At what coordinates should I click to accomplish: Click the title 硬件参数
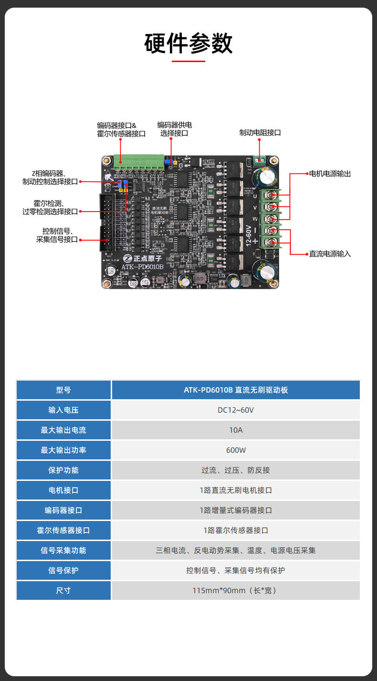(x=188, y=43)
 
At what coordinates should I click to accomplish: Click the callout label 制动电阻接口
(x=260, y=133)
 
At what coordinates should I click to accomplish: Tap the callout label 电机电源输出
(x=330, y=174)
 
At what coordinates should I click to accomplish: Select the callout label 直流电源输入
(x=330, y=254)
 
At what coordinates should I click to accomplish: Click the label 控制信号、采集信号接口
(x=57, y=235)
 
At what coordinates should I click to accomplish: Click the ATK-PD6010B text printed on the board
(x=142, y=267)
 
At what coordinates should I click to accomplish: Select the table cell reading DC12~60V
(x=236, y=410)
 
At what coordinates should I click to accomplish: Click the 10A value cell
(x=236, y=430)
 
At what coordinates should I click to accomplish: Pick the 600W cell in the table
(x=236, y=450)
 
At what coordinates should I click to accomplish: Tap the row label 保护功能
(x=63, y=470)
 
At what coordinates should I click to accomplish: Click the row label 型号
(x=63, y=390)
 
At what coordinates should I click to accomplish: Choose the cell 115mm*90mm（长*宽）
(x=236, y=591)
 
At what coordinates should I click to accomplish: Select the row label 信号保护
(x=63, y=571)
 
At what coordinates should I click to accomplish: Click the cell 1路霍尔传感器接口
(x=236, y=531)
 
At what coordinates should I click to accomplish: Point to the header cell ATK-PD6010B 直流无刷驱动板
(x=236, y=390)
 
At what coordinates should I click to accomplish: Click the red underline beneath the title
(x=188, y=61)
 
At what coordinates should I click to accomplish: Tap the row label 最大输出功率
(x=63, y=450)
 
